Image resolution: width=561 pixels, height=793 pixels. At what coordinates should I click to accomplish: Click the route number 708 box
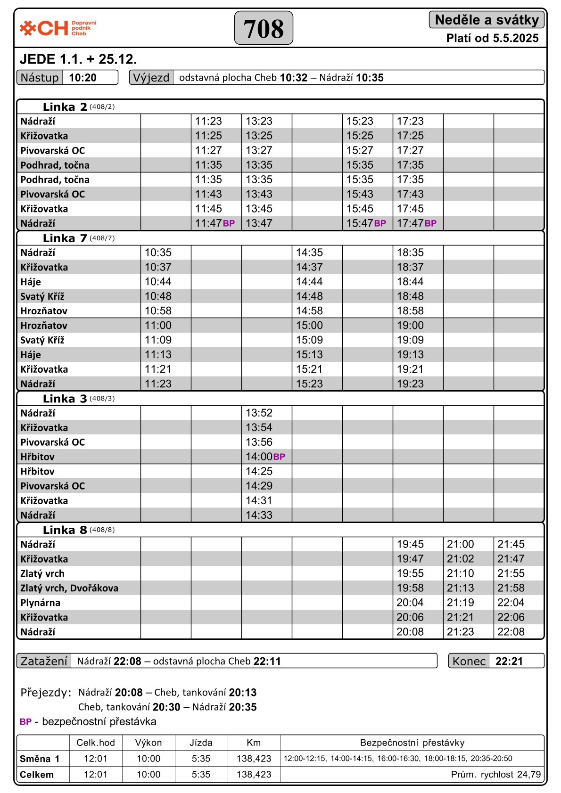tap(264, 28)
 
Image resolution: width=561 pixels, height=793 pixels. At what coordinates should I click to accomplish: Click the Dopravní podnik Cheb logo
tap(58, 28)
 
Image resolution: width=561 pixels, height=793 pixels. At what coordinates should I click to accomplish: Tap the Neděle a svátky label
tap(487, 20)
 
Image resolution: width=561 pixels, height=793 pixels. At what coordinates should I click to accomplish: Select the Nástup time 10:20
tap(82, 78)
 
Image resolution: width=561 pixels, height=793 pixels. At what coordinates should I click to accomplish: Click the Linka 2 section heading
tap(65, 107)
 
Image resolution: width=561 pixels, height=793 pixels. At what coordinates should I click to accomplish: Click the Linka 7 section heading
tap(65, 238)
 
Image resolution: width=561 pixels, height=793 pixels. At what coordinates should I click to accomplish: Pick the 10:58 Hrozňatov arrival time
tap(158, 311)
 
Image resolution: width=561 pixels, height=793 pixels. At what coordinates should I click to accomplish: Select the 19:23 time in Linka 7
tap(410, 384)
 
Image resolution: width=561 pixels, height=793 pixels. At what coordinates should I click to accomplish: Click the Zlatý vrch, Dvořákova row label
tap(69, 588)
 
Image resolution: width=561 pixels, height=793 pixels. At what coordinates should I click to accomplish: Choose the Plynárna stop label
tap(40, 603)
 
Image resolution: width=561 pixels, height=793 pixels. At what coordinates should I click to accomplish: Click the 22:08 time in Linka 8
tap(511, 632)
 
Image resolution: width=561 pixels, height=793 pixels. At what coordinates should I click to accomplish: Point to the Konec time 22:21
tap(509, 661)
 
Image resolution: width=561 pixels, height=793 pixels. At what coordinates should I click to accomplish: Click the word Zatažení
tap(44, 661)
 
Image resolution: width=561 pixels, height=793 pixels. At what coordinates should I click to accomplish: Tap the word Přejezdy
tap(46, 693)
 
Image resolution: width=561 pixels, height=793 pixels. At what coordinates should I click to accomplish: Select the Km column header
tap(254, 743)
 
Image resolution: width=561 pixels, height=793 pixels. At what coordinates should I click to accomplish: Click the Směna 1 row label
tap(40, 759)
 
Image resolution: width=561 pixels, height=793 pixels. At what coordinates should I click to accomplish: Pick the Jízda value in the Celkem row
tap(201, 774)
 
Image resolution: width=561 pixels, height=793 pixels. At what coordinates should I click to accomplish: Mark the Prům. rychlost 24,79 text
tap(495, 774)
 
